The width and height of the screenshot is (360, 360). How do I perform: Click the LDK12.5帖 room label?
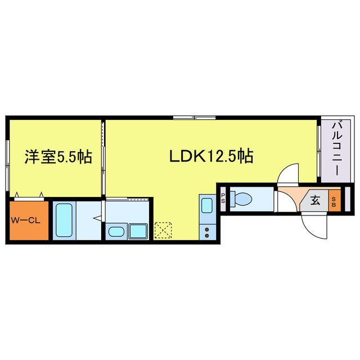click(x=211, y=156)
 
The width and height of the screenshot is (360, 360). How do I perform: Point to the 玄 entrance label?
click(x=316, y=200)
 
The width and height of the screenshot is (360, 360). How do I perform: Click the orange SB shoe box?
click(x=334, y=200)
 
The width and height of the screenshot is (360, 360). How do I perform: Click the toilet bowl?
click(x=243, y=199)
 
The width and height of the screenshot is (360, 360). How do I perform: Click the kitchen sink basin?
click(x=206, y=205)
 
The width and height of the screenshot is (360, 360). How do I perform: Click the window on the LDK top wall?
click(x=193, y=117)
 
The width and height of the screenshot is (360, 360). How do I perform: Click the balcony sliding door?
click(x=319, y=149)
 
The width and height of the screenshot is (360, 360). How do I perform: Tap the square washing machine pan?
click(x=137, y=231)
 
